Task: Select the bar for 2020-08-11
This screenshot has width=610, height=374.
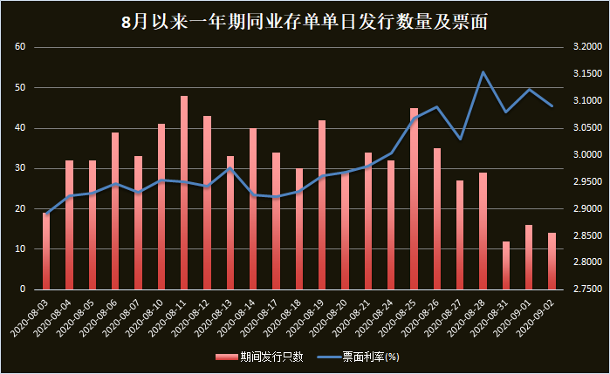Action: click(184, 192)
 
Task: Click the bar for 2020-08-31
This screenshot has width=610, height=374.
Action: click(506, 265)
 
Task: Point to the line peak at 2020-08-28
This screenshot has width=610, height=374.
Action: click(483, 72)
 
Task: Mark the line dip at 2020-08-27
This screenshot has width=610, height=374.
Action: click(461, 139)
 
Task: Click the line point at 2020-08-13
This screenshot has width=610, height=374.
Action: click(230, 168)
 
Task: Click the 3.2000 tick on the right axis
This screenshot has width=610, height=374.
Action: click(586, 47)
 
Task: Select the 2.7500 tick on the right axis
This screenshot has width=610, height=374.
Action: click(586, 289)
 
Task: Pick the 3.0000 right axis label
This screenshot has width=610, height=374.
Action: click(586, 155)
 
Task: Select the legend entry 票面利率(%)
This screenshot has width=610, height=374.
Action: click(358, 357)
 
